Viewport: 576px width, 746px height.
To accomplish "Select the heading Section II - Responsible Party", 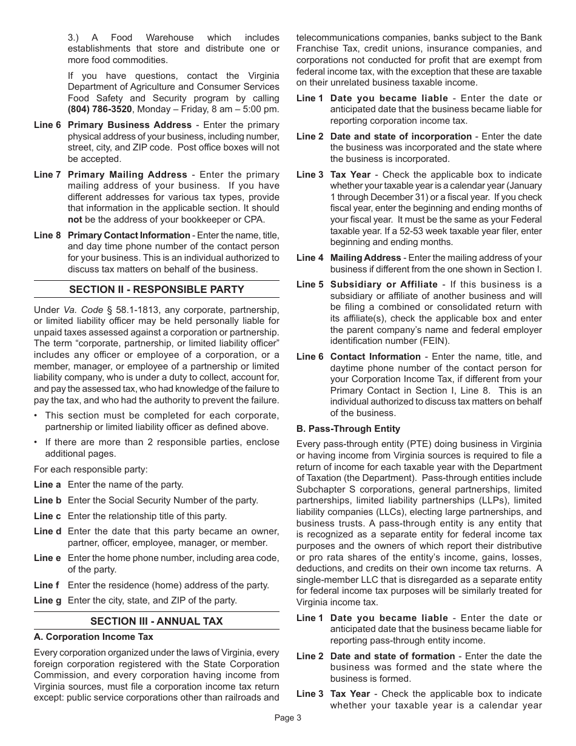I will pos(156,289).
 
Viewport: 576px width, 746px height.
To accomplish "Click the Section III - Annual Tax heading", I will pos(156,621).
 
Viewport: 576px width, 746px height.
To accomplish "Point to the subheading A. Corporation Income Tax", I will pos(93,637).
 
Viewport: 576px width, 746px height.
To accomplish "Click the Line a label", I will pos(47,485).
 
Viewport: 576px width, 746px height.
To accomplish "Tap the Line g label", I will pos(47,600).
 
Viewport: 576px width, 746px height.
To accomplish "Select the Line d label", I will pos(47,531).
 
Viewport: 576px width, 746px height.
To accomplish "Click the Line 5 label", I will pos(310,284).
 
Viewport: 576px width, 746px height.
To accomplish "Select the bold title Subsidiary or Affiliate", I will pos(384,284).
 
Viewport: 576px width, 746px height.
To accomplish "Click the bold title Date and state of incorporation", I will pos(401,136).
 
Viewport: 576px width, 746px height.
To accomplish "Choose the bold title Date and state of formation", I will pos(392,656).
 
